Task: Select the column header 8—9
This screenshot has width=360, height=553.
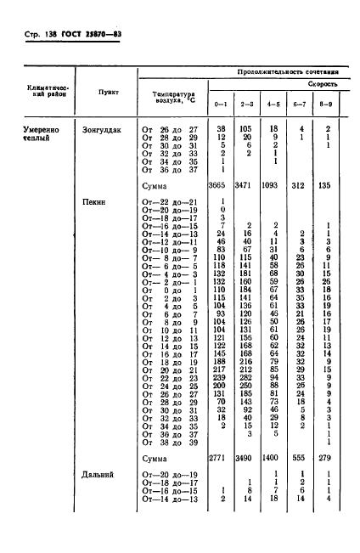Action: pyautogui.click(x=326, y=105)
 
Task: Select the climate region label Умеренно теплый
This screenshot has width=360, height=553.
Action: pyautogui.click(x=35, y=133)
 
